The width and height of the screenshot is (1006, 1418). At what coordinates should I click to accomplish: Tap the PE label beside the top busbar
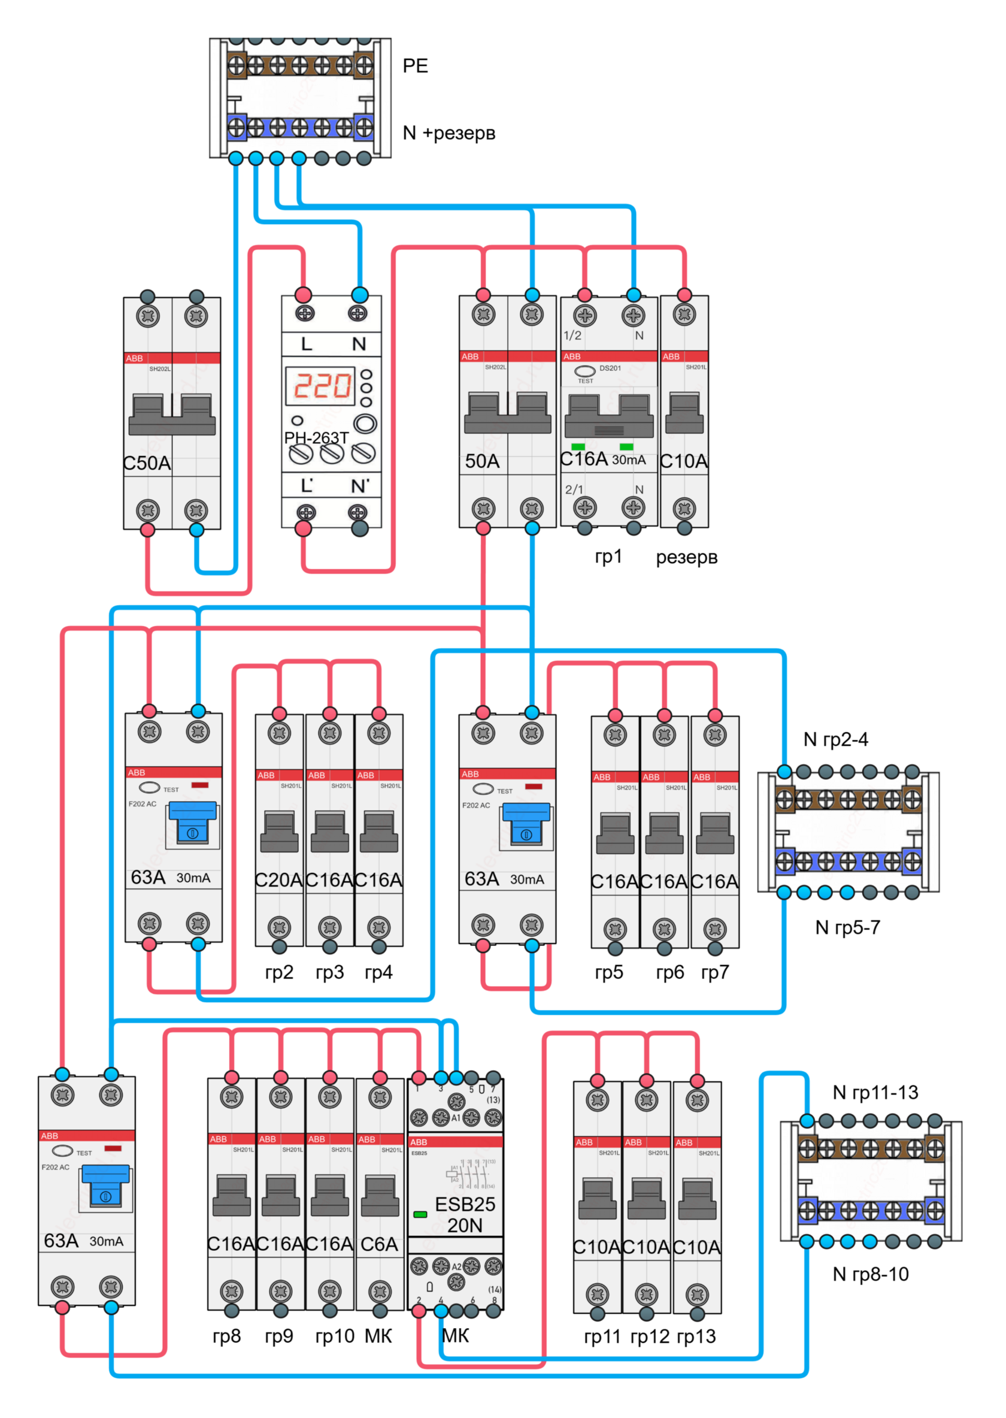tap(415, 66)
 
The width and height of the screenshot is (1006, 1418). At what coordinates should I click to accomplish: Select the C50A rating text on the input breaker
tap(147, 463)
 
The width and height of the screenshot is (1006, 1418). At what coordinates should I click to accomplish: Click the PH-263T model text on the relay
tap(316, 437)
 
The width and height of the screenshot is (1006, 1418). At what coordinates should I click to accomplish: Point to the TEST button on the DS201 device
tap(585, 371)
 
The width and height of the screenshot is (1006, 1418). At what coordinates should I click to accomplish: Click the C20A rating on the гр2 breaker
tap(279, 880)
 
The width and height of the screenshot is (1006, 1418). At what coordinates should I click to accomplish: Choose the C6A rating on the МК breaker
tap(379, 1244)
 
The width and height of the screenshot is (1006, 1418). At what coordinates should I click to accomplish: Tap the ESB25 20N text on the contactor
tap(465, 1215)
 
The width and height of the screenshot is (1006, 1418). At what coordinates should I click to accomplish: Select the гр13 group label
tap(696, 1336)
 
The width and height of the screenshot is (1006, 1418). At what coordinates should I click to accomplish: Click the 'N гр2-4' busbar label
tap(836, 739)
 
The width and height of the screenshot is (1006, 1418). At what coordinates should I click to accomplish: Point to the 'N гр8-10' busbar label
tap(870, 1274)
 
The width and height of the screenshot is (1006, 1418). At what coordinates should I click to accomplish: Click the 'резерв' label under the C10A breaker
tap(686, 557)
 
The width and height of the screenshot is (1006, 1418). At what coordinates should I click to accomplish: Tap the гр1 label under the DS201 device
tap(608, 557)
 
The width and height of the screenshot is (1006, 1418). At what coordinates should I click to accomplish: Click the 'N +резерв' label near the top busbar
tap(449, 132)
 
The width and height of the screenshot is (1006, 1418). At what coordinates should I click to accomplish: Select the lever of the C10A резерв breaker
tap(684, 413)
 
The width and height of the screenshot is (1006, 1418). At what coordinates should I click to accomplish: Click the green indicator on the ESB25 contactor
tap(420, 1215)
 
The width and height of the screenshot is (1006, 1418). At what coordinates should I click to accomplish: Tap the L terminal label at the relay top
tap(306, 344)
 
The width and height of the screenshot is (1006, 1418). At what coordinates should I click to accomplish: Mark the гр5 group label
tap(609, 972)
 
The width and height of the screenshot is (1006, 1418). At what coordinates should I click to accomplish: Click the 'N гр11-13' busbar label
tap(875, 1093)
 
